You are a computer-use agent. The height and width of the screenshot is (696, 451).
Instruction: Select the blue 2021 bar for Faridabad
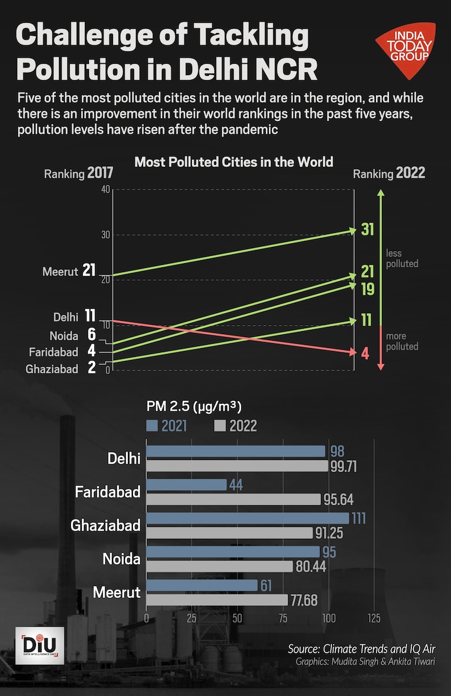pos(186,485)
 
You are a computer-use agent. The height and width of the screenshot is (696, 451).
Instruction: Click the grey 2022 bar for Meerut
pos(217,600)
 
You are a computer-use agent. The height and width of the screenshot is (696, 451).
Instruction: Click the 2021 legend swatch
pos(152,426)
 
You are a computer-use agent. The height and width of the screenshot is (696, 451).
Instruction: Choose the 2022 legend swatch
pos(219,426)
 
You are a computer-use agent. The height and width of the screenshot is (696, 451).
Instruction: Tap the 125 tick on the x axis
pos(374,618)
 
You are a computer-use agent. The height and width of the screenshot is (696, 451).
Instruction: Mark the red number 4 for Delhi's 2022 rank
pos(365,353)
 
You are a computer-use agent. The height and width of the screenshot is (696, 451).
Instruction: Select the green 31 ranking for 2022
pos(367,229)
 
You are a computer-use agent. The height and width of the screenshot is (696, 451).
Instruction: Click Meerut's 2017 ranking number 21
pos(90,271)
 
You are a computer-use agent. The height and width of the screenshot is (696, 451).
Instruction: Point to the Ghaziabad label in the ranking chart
pos(52,369)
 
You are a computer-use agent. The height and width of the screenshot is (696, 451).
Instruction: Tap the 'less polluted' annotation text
pos(402,259)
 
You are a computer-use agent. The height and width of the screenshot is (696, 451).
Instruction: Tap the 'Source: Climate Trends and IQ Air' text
pos(361,649)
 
